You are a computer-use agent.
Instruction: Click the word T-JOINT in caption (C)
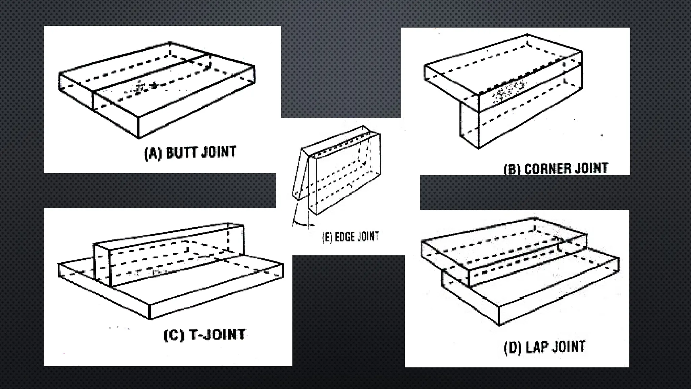click(x=217, y=335)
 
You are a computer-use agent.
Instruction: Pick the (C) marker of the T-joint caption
click(x=174, y=335)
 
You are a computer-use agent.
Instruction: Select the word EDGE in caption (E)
click(x=343, y=237)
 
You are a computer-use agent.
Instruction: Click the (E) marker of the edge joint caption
click(x=327, y=237)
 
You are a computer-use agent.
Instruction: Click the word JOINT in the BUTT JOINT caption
click(x=219, y=152)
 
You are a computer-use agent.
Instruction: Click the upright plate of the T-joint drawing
click(x=169, y=255)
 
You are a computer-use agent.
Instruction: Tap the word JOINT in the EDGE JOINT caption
click(x=368, y=236)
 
